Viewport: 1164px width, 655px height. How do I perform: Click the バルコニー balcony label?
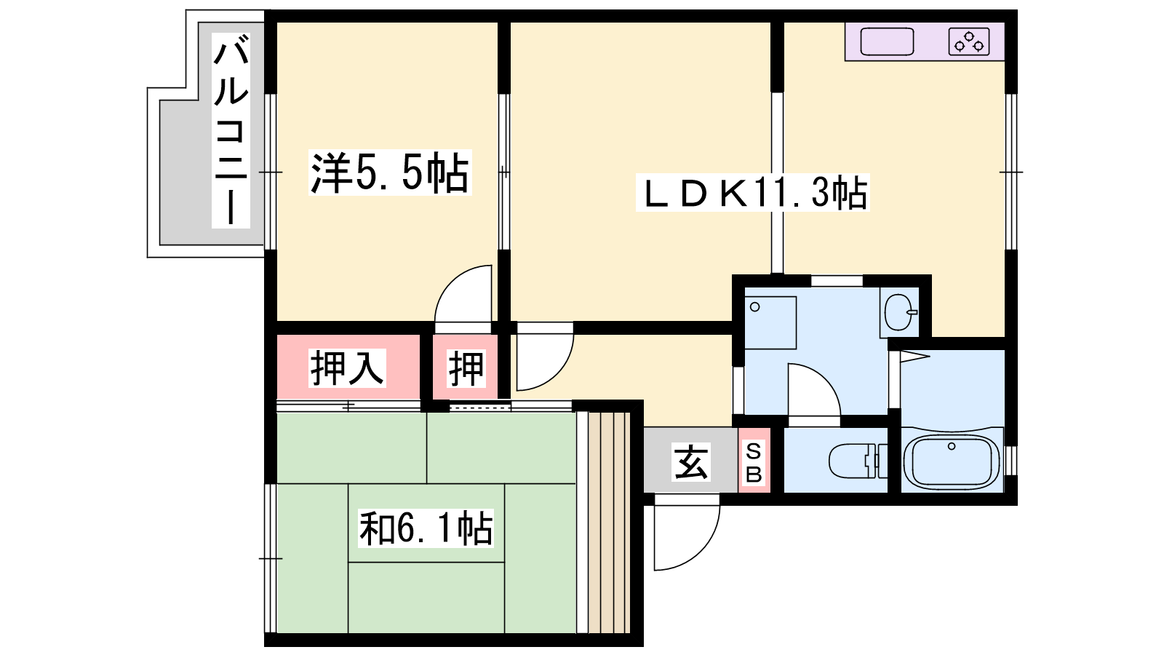pyautogui.click(x=231, y=130)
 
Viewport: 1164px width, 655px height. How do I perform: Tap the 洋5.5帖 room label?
pyautogui.click(x=390, y=172)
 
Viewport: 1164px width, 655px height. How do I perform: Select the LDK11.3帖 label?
pyautogui.click(x=752, y=192)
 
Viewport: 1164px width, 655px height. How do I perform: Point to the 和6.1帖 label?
pyautogui.click(x=426, y=528)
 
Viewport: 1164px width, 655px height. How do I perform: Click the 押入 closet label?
pyautogui.click(x=347, y=368)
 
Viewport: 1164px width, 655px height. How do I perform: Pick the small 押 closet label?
pyautogui.click(x=466, y=368)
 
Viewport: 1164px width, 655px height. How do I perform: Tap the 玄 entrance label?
pyautogui.click(x=690, y=461)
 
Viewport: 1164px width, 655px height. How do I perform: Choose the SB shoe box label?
pyautogui.click(x=754, y=462)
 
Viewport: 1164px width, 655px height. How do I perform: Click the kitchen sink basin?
pyautogui.click(x=887, y=41)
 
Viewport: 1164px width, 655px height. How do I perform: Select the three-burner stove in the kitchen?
pyautogui.click(x=968, y=41)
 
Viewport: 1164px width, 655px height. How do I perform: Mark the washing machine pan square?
pyautogui.click(x=770, y=323)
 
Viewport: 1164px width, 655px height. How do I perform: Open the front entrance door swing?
pyautogui.click(x=687, y=532)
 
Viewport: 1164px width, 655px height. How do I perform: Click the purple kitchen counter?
pyautogui.click(x=925, y=41)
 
